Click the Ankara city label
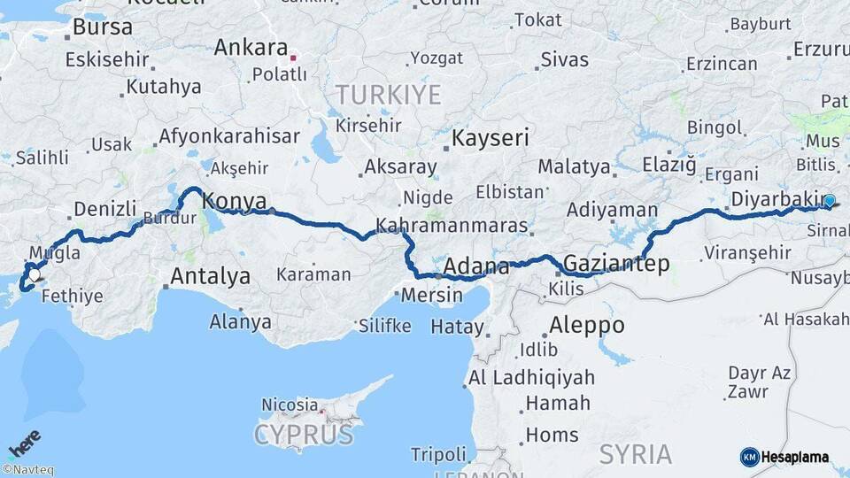point(251,48)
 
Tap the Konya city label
point(235,201)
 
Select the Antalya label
point(210,276)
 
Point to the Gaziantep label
point(615,263)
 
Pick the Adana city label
point(476,266)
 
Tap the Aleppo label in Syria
point(586,324)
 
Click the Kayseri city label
point(490,138)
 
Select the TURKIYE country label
point(388,95)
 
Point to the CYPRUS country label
point(304,435)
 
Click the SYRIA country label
point(636,454)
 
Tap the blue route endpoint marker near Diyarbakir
point(829,201)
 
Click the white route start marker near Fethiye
point(34,276)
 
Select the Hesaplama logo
point(784,457)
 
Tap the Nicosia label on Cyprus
point(290,405)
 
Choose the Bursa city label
point(103,27)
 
